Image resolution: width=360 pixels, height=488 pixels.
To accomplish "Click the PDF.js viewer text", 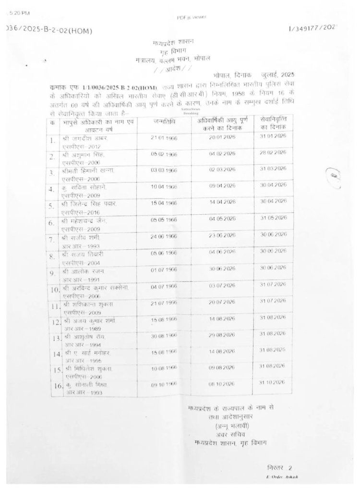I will pos(192,17).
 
